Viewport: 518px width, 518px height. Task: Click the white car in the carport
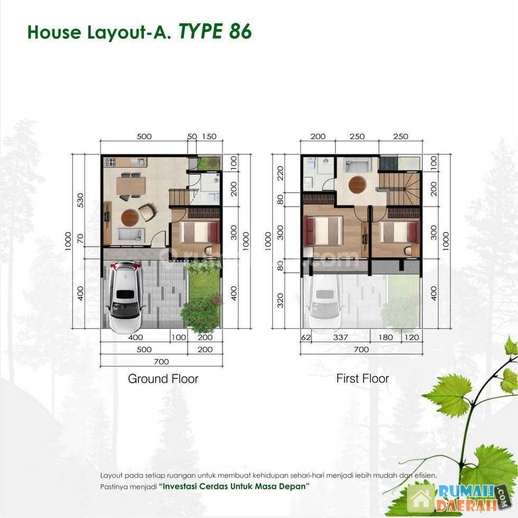point(125,297)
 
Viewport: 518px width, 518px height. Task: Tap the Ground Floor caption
point(163,378)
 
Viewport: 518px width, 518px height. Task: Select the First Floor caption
point(363,378)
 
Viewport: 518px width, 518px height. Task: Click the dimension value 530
point(80,200)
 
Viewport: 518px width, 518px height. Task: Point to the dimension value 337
point(340,337)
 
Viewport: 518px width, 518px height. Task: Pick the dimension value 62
point(306,337)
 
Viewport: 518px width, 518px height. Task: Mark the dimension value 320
point(280,300)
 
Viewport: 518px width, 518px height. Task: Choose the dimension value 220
point(280,173)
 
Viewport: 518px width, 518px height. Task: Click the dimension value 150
point(209,136)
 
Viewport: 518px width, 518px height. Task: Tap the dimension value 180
point(385,337)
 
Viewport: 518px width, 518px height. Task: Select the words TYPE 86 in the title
point(216,32)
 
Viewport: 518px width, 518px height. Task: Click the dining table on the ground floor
point(131,186)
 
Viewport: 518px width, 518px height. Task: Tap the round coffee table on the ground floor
point(130,217)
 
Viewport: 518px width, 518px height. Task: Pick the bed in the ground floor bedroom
point(199,232)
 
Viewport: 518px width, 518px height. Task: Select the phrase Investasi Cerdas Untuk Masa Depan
point(234,486)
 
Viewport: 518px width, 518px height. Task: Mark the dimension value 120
point(412,337)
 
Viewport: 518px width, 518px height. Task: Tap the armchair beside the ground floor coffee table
point(147,212)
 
